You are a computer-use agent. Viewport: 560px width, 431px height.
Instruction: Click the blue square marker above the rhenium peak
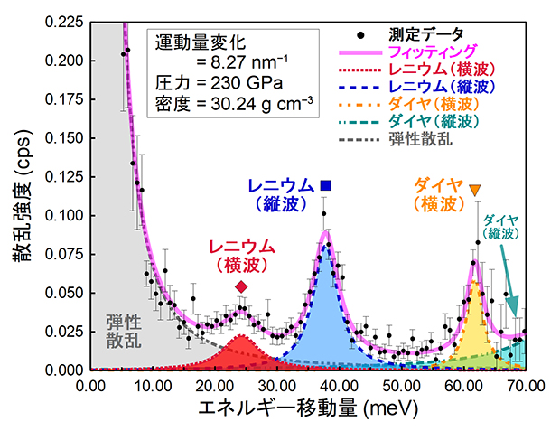pyautogui.click(x=325, y=185)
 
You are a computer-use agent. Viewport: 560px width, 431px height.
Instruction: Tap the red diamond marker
pyautogui.click(x=241, y=286)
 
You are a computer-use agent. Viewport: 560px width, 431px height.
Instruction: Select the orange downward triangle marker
pyautogui.click(x=475, y=189)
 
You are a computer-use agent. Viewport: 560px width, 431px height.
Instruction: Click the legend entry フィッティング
pyautogui.click(x=425, y=52)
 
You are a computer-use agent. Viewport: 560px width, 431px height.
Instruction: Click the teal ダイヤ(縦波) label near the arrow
pyautogui.click(x=500, y=226)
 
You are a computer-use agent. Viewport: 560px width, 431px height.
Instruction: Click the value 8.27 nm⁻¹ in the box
pyautogui.click(x=230, y=63)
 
